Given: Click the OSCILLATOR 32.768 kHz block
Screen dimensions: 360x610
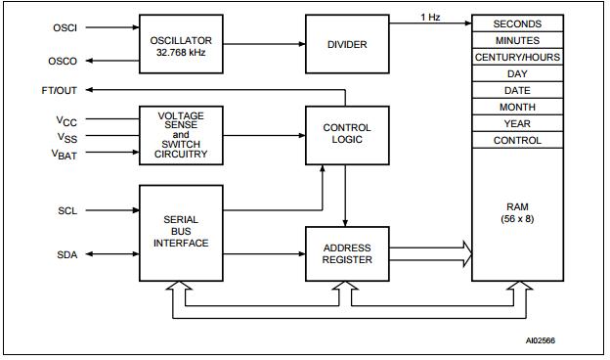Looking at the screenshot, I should [x=181, y=44].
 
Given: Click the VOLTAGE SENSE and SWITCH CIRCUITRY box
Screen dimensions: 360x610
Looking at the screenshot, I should [x=181, y=135].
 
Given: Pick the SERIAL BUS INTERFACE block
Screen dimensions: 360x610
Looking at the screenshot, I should [x=181, y=233].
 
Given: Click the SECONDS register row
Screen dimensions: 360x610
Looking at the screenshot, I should [x=517, y=23].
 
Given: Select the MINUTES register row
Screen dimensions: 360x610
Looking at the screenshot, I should [x=517, y=40].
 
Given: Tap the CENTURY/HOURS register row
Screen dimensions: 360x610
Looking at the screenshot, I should [x=517, y=57].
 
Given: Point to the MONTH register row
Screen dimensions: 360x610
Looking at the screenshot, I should [x=517, y=107].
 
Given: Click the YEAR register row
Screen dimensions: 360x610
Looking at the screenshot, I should [x=517, y=123].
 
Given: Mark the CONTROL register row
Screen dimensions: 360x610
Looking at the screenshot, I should [x=517, y=140].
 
